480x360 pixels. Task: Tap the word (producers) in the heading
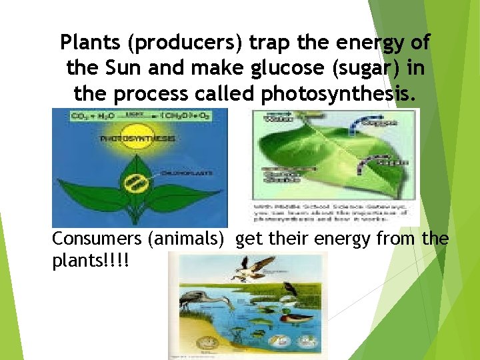[179, 43]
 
